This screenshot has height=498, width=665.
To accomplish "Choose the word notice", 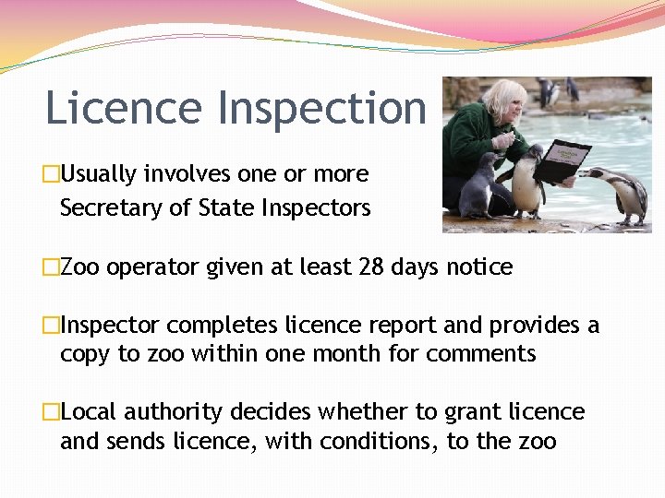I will pos(479,267).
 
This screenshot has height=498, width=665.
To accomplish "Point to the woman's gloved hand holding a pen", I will pos(502,141).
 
